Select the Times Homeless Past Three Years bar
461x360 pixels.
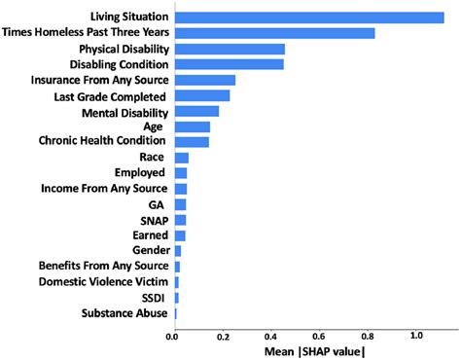[x=273, y=32]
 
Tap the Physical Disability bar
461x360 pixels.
[x=229, y=48]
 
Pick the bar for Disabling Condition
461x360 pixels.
[x=229, y=63]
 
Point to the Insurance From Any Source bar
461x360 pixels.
[x=204, y=80]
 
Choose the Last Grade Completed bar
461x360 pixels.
[x=201, y=95]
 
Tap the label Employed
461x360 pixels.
[x=139, y=172]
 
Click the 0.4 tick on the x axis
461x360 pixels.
[x=271, y=337]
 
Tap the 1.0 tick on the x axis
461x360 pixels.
[x=417, y=337]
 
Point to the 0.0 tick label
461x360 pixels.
[x=173, y=337]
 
